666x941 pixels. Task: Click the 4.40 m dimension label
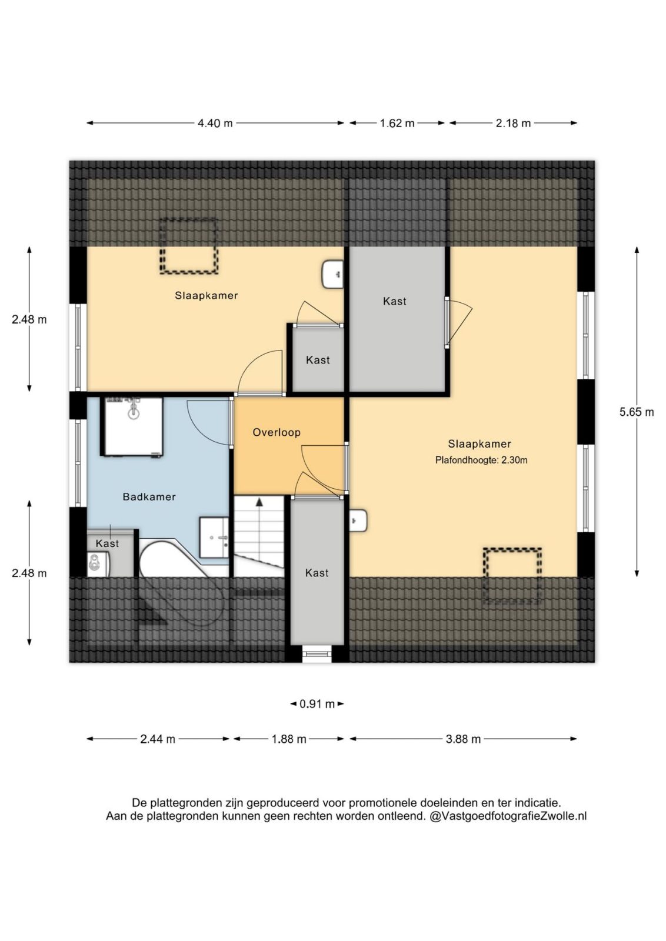tap(215, 123)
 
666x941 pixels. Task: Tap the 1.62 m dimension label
tap(397, 123)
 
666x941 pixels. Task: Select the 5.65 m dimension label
tap(637, 412)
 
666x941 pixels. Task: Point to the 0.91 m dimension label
tap(317, 703)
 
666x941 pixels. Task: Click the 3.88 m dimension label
tap(463, 739)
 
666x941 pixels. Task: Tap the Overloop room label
tap(277, 432)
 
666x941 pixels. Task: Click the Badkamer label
tap(149, 497)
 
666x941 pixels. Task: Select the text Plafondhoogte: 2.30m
tap(481, 460)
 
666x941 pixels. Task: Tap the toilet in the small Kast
tap(99, 564)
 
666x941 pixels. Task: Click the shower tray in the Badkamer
tap(132, 426)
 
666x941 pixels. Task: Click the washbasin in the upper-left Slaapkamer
tap(333, 274)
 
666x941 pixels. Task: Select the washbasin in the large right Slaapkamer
tap(358, 521)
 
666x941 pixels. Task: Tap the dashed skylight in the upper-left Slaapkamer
tap(189, 246)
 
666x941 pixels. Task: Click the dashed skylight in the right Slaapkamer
tap(512, 576)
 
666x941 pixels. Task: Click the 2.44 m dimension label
tap(158, 739)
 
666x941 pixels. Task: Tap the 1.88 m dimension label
tap(289, 739)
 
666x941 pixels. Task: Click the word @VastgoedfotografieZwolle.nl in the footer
tap(508, 816)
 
